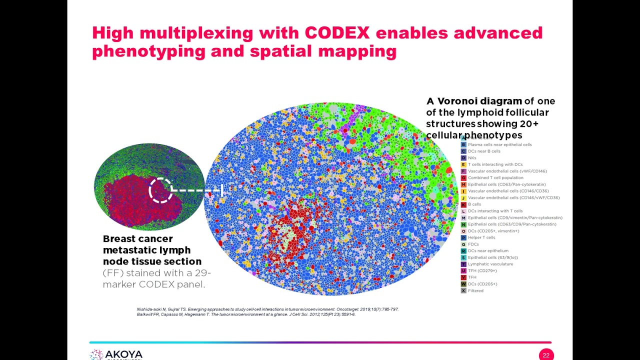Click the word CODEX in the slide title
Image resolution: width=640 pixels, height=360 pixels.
tap(337, 33)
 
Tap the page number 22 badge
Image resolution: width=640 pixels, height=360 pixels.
tap(546, 355)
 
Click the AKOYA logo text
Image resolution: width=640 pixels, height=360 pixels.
tap(123, 354)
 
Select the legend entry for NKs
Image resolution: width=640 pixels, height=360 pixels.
tap(472, 158)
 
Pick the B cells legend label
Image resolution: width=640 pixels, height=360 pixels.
tap(474, 204)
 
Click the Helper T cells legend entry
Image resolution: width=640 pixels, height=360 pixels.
tap(481, 237)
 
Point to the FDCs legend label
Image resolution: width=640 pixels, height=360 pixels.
tap(473, 244)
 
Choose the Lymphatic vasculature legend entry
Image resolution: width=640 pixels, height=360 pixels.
tap(490, 264)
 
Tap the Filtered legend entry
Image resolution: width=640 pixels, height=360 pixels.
tap(475, 290)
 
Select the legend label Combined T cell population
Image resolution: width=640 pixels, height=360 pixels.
tap(495, 177)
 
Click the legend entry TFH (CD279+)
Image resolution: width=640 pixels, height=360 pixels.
tap(482, 270)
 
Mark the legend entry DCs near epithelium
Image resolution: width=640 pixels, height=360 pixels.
tap(488, 250)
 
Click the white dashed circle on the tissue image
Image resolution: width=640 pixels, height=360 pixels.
tap(160, 190)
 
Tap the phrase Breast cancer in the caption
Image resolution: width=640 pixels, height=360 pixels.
tap(137, 239)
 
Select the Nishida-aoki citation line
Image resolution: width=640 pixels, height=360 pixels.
tap(267, 309)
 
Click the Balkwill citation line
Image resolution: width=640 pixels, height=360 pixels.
tap(246, 314)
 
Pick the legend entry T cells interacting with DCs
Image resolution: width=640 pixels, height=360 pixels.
tap(495, 164)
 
